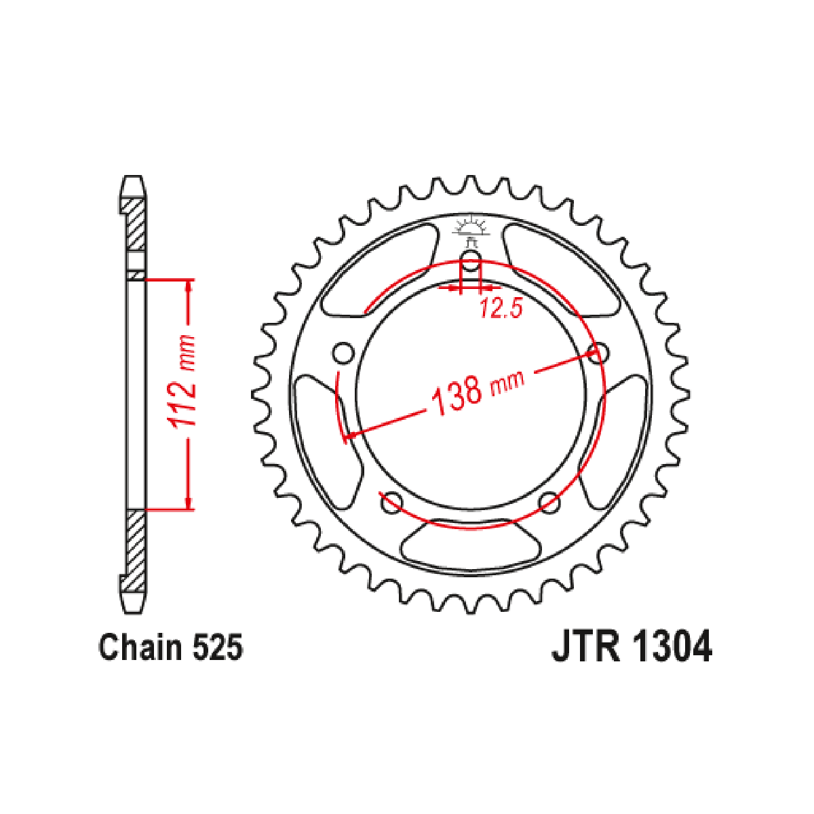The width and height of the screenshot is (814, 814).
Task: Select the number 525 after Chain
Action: pyautogui.click(x=218, y=646)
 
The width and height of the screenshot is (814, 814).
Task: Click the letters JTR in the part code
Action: pyautogui.click(x=585, y=646)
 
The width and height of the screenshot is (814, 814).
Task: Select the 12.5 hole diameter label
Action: pyautogui.click(x=501, y=308)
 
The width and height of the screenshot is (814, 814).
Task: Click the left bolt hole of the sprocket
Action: pyautogui.click(x=343, y=353)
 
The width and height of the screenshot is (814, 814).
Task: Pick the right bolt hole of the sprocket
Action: pyautogui.click(x=598, y=353)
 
